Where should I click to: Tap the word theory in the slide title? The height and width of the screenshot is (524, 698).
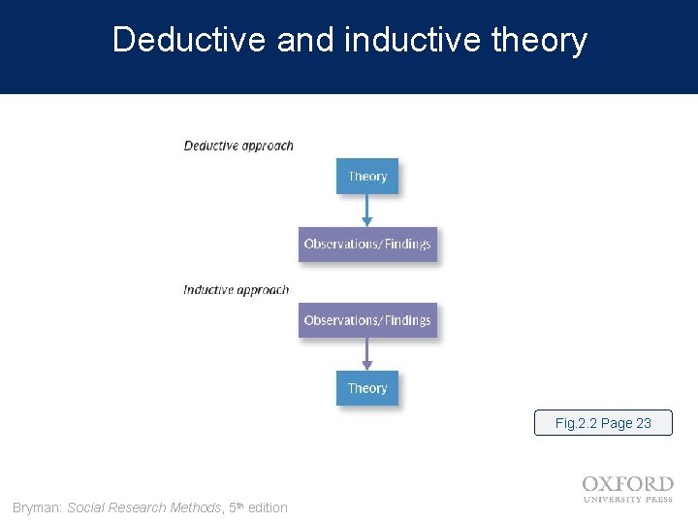pyautogui.click(x=539, y=41)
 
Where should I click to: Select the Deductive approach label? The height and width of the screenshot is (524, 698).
pyautogui.click(x=238, y=146)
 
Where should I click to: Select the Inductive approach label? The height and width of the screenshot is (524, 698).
pyautogui.click(x=236, y=289)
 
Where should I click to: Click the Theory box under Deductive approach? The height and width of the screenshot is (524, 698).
pyautogui.click(x=367, y=177)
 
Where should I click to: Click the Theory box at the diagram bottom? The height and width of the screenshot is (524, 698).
pyautogui.click(x=367, y=388)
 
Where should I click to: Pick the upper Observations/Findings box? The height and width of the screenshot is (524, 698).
pyautogui.click(x=367, y=244)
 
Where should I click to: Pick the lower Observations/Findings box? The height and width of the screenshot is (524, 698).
pyautogui.click(x=367, y=320)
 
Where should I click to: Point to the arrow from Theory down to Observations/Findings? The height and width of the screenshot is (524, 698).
pyautogui.click(x=366, y=210)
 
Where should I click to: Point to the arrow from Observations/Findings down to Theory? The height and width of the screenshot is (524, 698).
pyautogui.click(x=366, y=354)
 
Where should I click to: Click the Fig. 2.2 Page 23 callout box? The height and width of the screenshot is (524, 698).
pyautogui.click(x=603, y=423)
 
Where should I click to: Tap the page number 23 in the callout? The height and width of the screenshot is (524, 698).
pyautogui.click(x=643, y=423)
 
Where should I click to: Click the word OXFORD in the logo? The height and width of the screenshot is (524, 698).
pyautogui.click(x=627, y=483)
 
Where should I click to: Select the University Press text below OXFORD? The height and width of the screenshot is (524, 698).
pyautogui.click(x=627, y=499)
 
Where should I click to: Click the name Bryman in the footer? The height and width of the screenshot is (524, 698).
pyautogui.click(x=36, y=508)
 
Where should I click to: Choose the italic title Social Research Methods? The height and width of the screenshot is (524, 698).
pyautogui.click(x=144, y=508)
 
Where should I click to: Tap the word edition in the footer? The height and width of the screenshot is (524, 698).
pyautogui.click(x=268, y=508)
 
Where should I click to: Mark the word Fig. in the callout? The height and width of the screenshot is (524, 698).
pyautogui.click(x=566, y=423)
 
